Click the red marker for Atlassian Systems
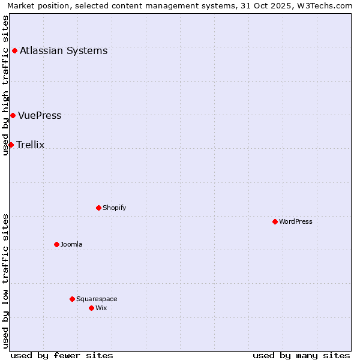14,50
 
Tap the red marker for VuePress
13,115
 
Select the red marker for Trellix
11,145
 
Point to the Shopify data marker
98,208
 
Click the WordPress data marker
275,221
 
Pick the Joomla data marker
56,244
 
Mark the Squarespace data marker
72,299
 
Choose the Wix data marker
91,308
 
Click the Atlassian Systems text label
64,50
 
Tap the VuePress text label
40,115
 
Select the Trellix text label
31,145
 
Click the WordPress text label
296,221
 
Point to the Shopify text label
114,208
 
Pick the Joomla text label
71,244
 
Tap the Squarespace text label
97,299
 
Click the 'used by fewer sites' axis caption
62,355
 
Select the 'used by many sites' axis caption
301,355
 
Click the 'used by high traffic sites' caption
5,85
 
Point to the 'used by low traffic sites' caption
5,281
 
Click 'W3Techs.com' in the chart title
326,6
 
